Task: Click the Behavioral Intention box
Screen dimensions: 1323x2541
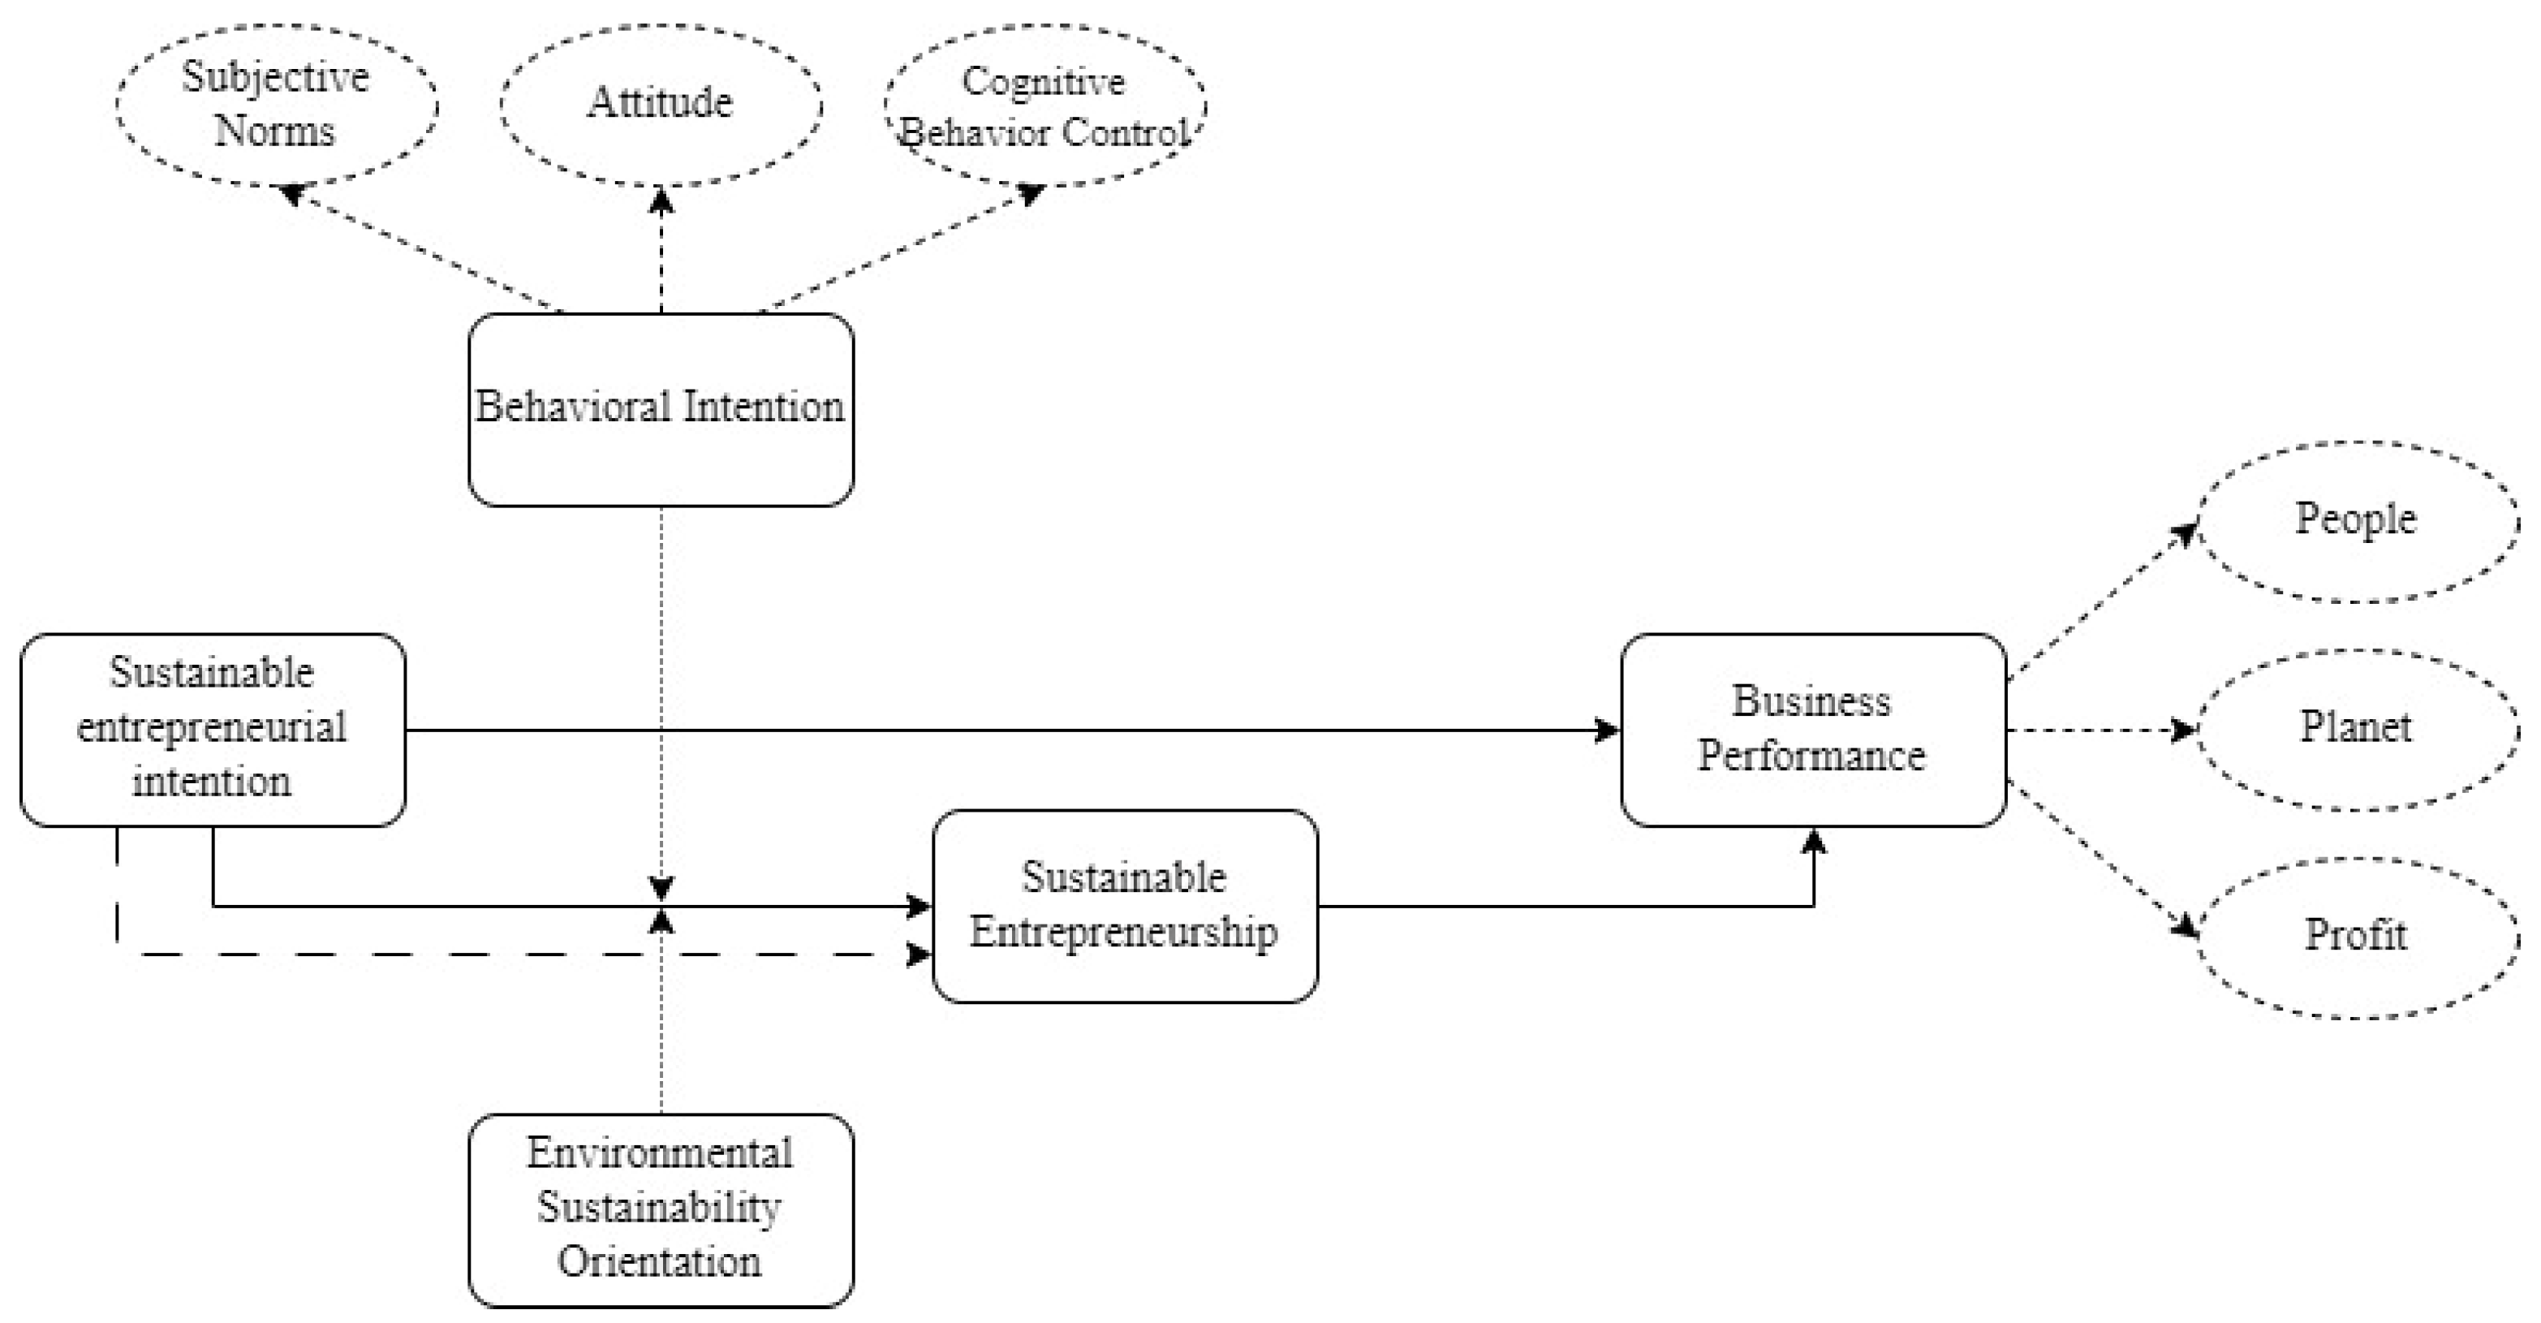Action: [660, 409]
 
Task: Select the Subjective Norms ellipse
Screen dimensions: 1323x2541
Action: [276, 104]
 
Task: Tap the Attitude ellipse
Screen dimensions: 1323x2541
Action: [660, 104]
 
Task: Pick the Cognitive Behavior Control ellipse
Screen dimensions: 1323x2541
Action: [1044, 104]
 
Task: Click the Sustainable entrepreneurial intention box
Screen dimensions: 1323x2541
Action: [212, 729]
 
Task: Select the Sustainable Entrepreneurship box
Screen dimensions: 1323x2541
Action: [1125, 905]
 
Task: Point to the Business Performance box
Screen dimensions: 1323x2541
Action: [1812, 729]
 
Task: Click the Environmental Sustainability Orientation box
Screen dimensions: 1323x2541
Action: [660, 1209]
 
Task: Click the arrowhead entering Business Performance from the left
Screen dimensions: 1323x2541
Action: [1608, 730]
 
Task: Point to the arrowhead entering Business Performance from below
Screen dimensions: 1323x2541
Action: [1813, 842]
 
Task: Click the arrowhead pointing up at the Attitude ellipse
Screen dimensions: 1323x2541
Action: [661, 201]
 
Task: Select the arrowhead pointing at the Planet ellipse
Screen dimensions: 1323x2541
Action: [2183, 730]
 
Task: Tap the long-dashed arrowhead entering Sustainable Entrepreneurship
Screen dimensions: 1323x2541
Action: [919, 954]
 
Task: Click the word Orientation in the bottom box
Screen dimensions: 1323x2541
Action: [660, 1262]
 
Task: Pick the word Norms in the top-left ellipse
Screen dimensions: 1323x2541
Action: [275, 130]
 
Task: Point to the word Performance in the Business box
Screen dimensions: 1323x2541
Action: [1811, 756]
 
